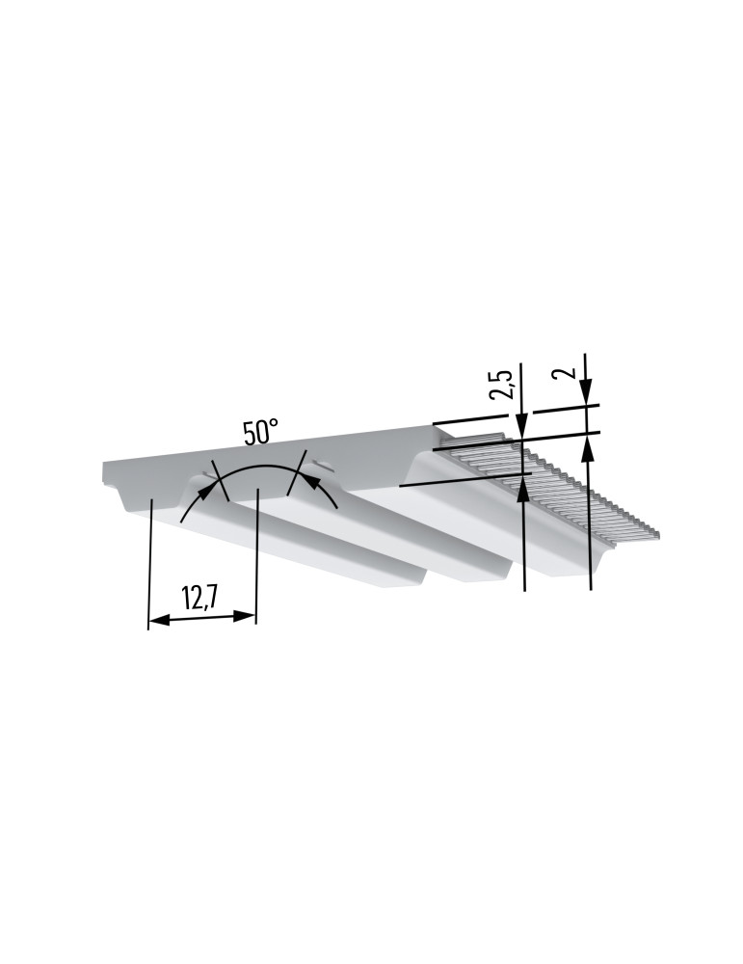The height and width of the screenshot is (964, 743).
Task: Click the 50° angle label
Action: (260, 432)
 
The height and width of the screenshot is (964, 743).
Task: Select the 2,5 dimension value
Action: (503, 385)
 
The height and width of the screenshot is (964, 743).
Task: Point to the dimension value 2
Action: (566, 372)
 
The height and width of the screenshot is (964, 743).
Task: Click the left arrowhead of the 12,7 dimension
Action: (160, 621)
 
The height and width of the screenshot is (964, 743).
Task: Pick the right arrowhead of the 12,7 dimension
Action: (244, 616)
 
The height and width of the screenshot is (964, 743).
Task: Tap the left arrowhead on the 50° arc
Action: (210, 490)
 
